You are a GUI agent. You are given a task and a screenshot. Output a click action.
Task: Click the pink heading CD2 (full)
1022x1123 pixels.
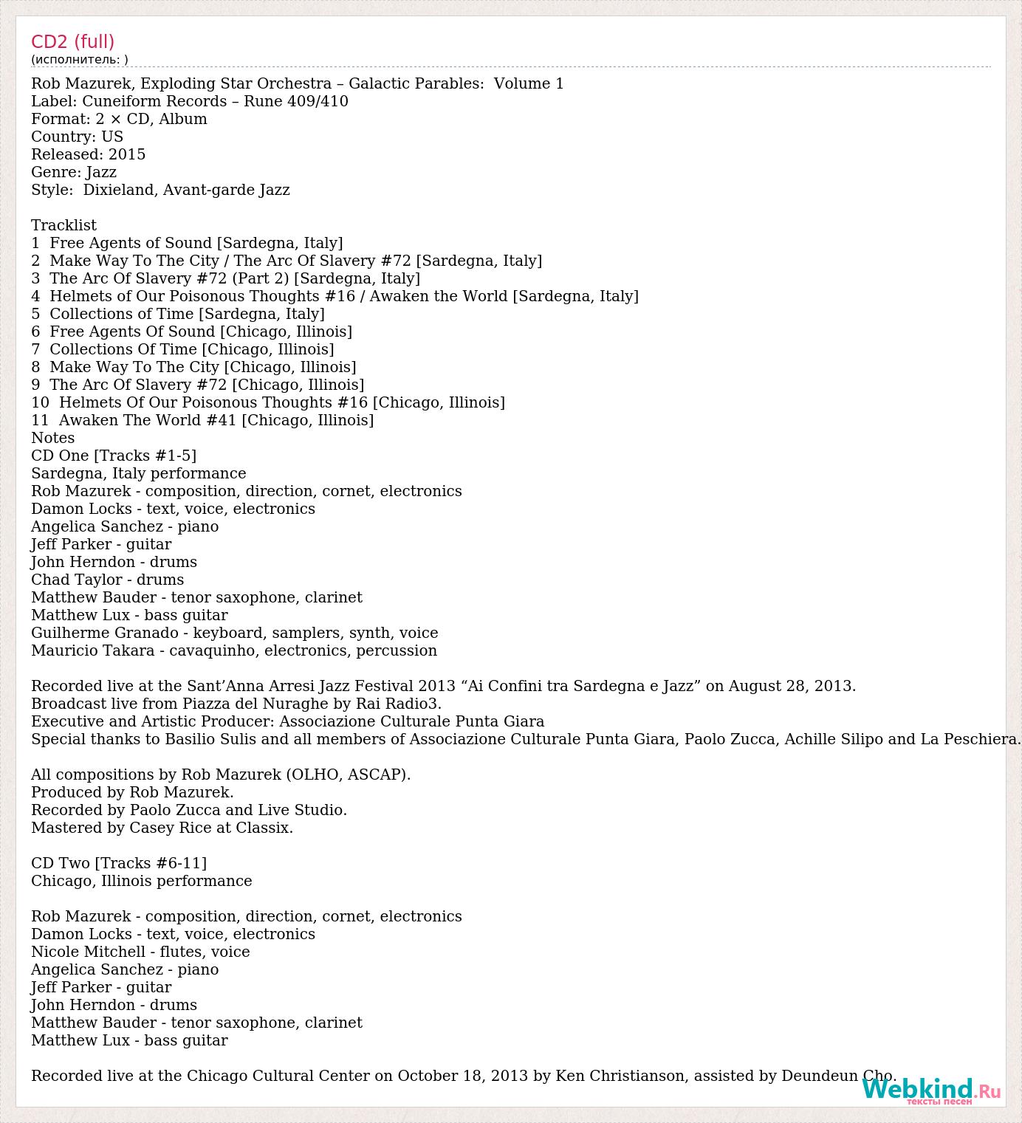click(72, 41)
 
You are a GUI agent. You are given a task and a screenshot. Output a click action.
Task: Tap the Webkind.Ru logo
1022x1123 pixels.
click(930, 1091)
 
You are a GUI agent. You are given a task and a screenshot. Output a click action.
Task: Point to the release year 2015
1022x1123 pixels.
click(127, 154)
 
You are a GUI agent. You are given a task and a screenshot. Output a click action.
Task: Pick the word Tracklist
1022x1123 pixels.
click(64, 225)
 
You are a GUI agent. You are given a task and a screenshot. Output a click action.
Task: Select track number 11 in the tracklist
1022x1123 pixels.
click(40, 420)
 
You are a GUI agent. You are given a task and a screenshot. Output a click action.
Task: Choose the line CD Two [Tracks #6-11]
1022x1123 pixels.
click(119, 863)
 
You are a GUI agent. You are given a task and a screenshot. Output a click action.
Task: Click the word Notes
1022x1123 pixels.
click(52, 438)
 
